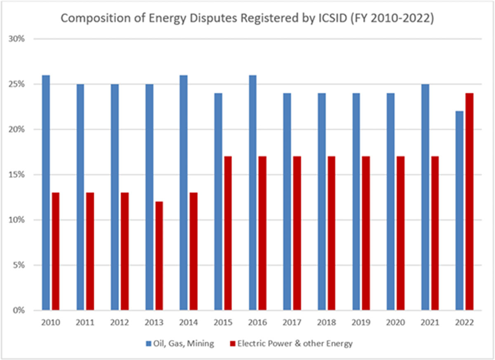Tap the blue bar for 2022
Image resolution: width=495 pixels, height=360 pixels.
459,211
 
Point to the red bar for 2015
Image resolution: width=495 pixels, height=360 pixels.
228,233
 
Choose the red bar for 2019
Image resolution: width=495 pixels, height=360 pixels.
365,233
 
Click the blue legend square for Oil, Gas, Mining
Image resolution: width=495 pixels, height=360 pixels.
148,343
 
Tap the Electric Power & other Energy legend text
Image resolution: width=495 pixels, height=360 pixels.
295,343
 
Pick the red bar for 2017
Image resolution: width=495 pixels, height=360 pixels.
297,233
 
